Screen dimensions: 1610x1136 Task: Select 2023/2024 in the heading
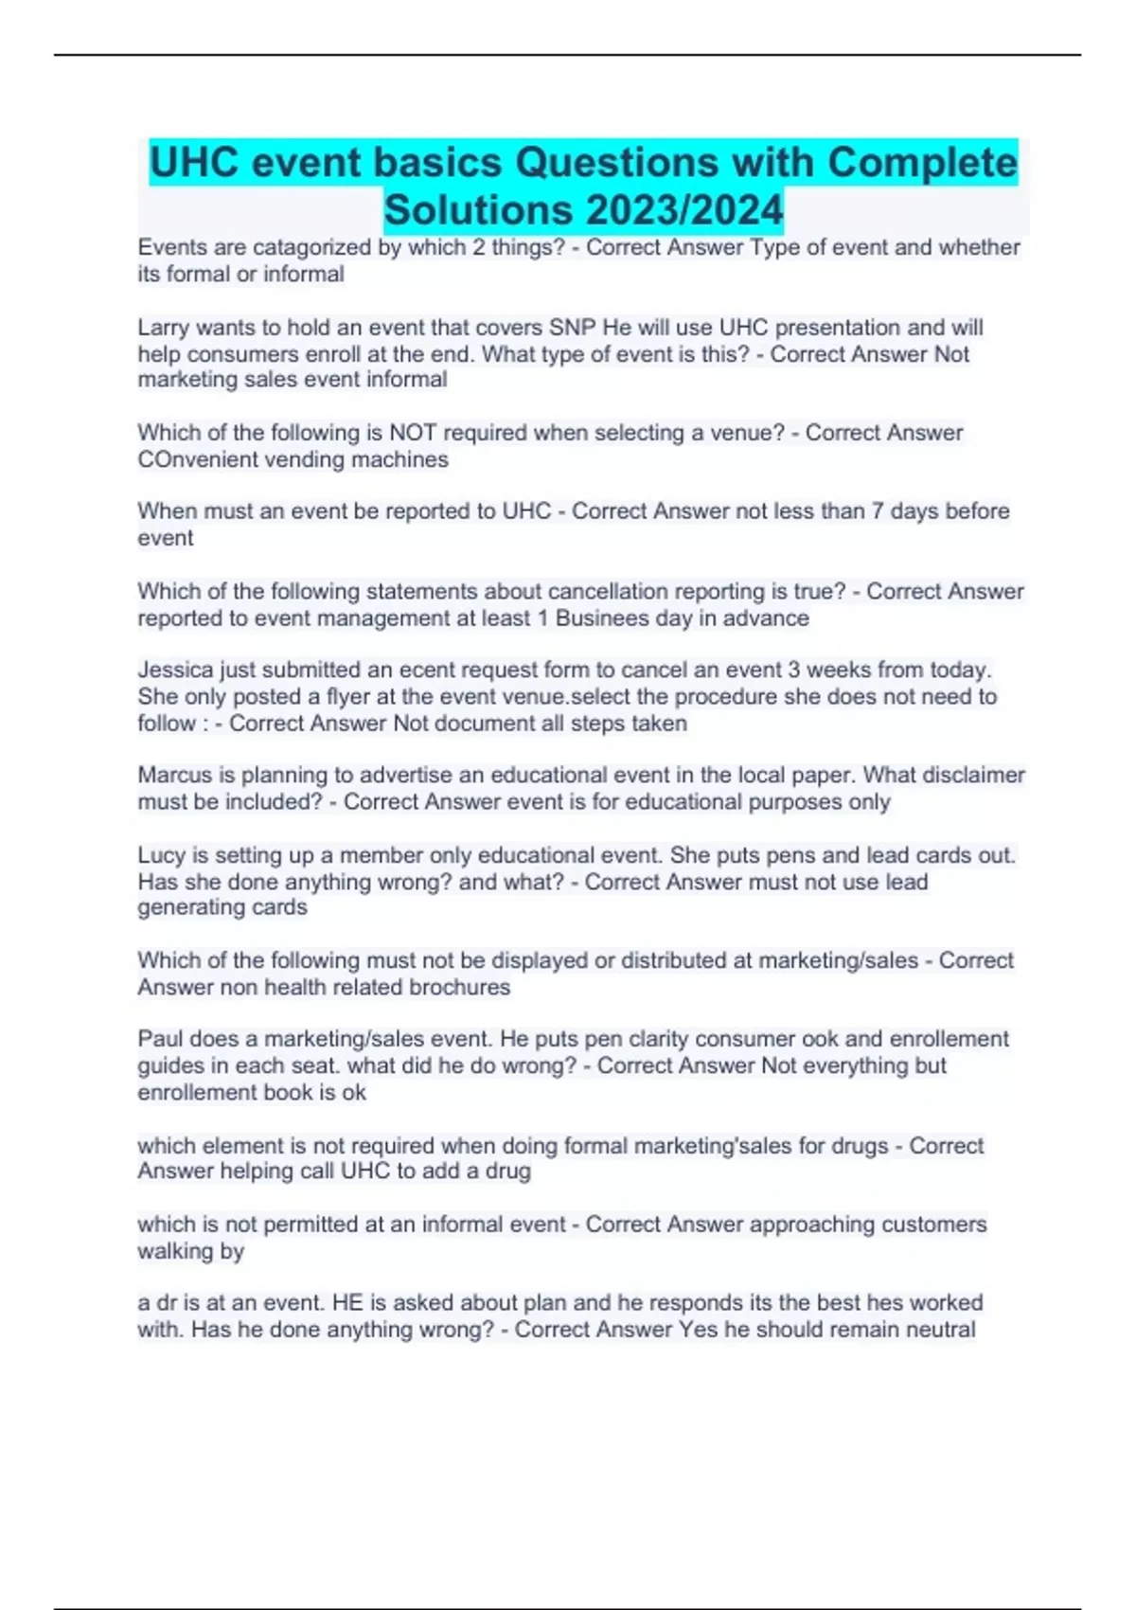tap(683, 209)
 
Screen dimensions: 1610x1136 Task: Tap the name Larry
tap(163, 328)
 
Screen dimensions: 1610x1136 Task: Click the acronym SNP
tap(573, 328)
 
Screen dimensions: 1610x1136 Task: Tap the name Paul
tap(160, 1039)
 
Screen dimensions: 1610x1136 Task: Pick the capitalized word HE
tap(347, 1302)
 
